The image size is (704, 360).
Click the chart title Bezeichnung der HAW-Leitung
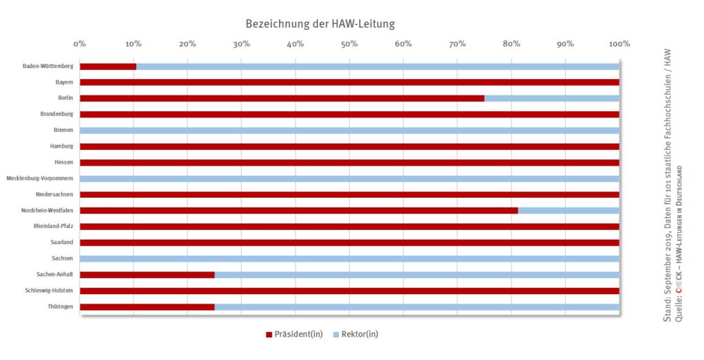point(320,24)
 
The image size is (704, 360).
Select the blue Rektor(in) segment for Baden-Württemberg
point(377,66)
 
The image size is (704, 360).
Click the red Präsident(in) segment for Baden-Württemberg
point(108,66)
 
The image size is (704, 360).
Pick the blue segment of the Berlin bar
point(551,98)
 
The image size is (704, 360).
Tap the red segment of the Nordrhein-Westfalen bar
point(298,210)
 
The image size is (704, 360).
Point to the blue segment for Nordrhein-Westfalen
point(569,210)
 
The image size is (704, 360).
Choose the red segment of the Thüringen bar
point(147,306)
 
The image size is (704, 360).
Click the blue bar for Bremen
point(349,130)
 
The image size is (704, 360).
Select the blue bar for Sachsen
point(349,258)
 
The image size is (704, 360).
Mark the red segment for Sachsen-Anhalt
point(147,275)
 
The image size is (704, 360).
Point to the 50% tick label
point(349,45)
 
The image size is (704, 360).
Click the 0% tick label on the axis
point(80,45)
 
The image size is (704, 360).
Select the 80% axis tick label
point(511,45)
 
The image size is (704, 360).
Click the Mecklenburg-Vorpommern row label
point(39,179)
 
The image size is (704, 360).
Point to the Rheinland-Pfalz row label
point(54,227)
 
